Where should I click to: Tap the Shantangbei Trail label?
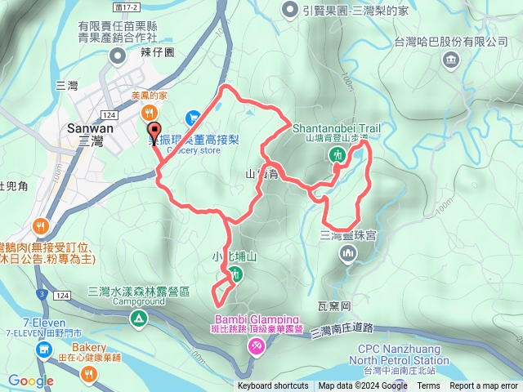(x=337, y=128)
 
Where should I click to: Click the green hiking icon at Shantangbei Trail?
(x=336, y=155)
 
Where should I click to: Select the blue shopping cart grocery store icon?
(x=194, y=118)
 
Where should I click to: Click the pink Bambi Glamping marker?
(x=257, y=348)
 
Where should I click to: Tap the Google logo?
(x=31, y=381)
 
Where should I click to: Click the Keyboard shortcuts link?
(x=273, y=386)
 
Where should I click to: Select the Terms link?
(x=428, y=386)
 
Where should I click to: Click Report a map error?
(x=485, y=386)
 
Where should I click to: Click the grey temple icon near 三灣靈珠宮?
(x=348, y=256)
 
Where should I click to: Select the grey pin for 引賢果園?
(x=289, y=10)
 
